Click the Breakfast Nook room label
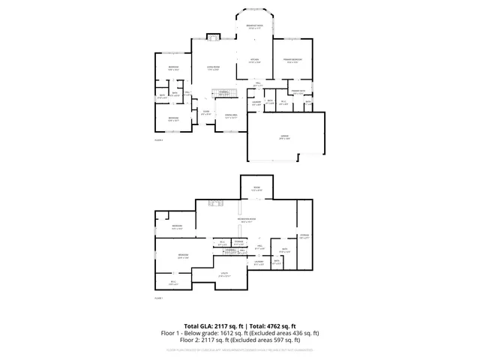[x=253, y=26]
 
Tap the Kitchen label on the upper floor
[x=253, y=61]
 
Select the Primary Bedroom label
[x=292, y=59]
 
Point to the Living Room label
[x=213, y=68]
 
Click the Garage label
[x=285, y=137]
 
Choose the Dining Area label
[x=231, y=116]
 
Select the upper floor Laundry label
[x=256, y=103]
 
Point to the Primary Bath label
[x=298, y=91]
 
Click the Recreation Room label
[x=244, y=220]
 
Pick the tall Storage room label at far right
[x=304, y=235]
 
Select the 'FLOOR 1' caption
[x=158, y=298]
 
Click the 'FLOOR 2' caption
[x=158, y=140]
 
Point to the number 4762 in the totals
[x=267, y=326]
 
